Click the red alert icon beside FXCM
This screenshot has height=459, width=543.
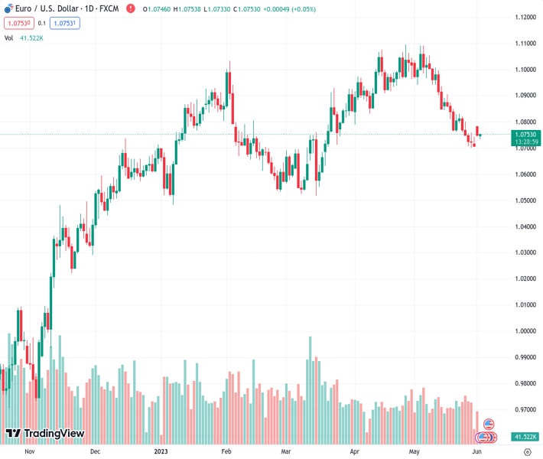click(x=130, y=8)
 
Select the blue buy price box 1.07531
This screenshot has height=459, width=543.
click(x=65, y=23)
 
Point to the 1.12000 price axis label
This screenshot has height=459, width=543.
click(x=525, y=18)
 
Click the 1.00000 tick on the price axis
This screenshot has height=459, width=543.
click(x=525, y=331)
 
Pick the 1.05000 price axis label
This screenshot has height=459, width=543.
click(x=525, y=200)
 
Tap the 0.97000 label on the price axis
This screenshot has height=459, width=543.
click(x=525, y=410)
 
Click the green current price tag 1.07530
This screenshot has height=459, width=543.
click(x=525, y=135)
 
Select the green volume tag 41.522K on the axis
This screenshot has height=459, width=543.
click(x=524, y=437)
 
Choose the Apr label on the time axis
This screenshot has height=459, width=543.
click(x=355, y=452)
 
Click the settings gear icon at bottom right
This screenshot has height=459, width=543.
click(x=527, y=452)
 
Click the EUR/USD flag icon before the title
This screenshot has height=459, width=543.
click(x=8, y=8)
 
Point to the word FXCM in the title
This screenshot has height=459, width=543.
click(x=109, y=8)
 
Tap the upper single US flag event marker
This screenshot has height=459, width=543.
click(x=489, y=424)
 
